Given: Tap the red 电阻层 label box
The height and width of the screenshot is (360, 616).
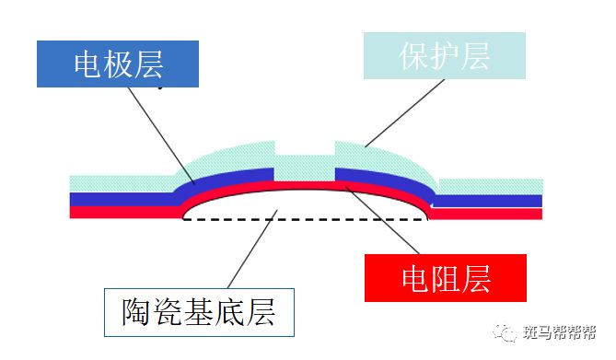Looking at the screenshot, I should coord(446,275).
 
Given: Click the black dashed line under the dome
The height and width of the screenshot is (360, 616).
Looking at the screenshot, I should coord(304,220).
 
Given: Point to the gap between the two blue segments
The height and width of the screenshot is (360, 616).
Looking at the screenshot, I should coord(305,173).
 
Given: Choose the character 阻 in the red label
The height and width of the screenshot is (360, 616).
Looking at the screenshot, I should coord(446,275).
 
